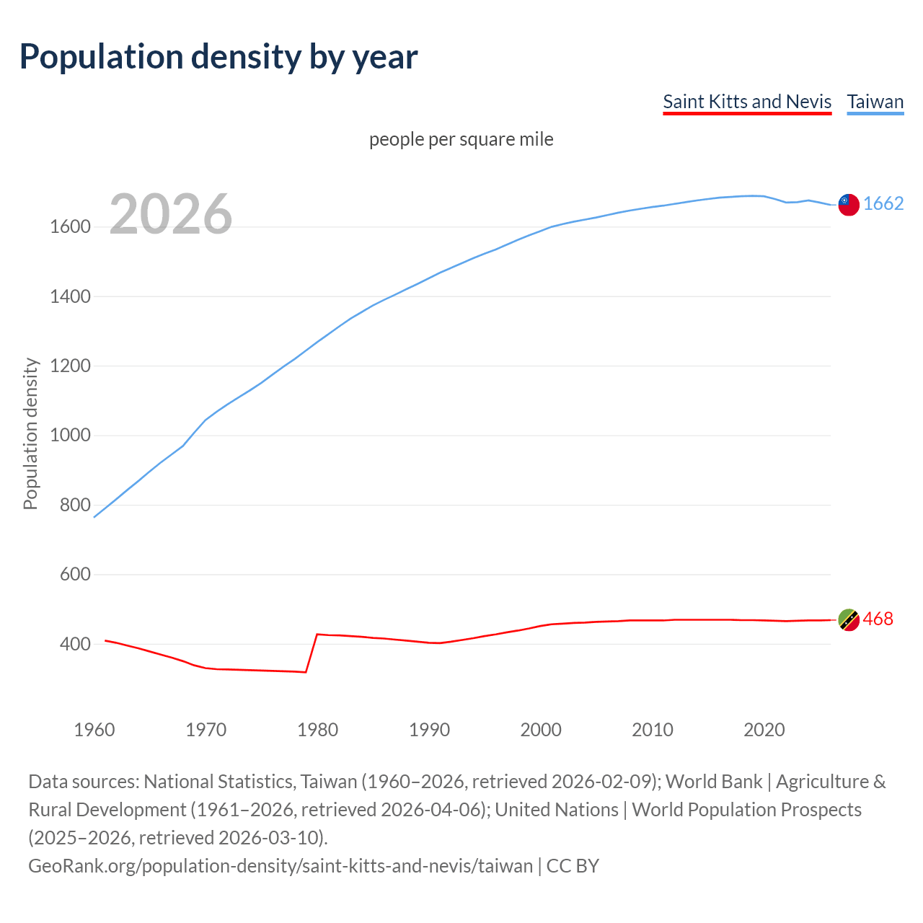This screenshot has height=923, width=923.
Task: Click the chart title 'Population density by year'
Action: click(x=218, y=57)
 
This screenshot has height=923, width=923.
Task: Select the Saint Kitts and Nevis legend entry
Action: click(x=747, y=102)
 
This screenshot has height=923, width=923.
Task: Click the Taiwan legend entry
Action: click(x=875, y=102)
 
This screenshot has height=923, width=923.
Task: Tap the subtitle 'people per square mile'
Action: click(x=461, y=139)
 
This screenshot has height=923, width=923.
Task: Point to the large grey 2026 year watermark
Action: click(x=171, y=214)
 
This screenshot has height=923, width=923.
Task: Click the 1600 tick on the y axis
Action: click(x=70, y=227)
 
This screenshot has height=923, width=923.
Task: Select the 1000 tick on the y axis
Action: click(x=70, y=436)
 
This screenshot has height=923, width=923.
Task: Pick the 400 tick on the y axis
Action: click(x=75, y=644)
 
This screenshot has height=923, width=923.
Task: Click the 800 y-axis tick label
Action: click(x=75, y=505)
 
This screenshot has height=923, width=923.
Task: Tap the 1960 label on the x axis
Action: click(x=94, y=730)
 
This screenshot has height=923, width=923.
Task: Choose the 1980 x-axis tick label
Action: click(x=317, y=730)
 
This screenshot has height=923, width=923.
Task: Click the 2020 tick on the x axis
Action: click(x=764, y=730)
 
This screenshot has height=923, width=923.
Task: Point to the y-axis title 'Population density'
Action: click(x=30, y=434)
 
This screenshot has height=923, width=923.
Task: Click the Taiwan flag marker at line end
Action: click(x=848, y=205)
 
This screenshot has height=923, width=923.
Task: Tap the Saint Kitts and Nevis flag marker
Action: click(x=848, y=619)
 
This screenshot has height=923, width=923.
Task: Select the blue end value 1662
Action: click(x=883, y=204)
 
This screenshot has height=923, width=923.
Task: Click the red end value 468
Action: click(x=878, y=619)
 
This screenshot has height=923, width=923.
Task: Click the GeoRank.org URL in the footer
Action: click(x=281, y=865)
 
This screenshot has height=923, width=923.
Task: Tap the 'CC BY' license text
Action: click(x=573, y=865)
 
